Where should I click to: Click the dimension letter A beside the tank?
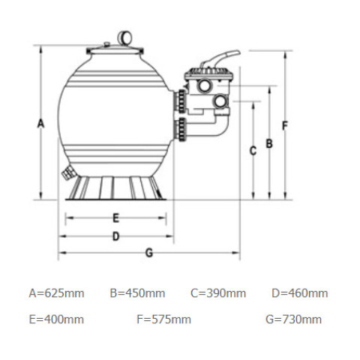(40, 124)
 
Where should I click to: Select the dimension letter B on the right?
(269, 143)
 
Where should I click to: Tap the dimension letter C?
(253, 151)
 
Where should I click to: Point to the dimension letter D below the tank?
(115, 236)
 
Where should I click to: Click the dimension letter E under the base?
(115, 218)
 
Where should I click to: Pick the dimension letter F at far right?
(285, 125)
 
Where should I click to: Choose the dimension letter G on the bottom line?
(149, 253)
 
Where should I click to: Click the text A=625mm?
(56, 293)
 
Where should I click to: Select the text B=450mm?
(137, 293)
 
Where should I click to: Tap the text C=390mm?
(218, 293)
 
